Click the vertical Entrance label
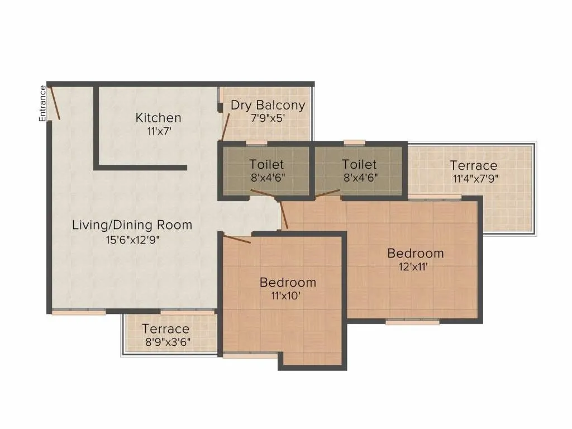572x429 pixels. (x=42, y=103)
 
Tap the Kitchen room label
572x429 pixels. (x=159, y=118)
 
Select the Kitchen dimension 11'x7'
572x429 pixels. (x=159, y=132)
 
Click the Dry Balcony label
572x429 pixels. (x=268, y=105)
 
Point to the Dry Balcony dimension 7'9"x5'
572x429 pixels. (x=268, y=118)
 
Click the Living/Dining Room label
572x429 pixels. (x=132, y=225)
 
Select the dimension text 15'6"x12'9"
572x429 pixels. (x=132, y=239)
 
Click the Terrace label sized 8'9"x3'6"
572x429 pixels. (x=165, y=328)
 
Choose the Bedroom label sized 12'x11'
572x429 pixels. (x=416, y=254)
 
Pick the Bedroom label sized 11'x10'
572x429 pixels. (x=288, y=283)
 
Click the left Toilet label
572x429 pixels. (x=266, y=164)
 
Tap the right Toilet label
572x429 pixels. (x=359, y=164)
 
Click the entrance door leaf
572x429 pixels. (x=54, y=102)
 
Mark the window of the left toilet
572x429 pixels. (x=256, y=143)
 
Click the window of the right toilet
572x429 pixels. (x=354, y=143)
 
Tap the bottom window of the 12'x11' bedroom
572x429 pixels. (x=412, y=322)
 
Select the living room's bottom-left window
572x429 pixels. (x=79, y=312)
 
